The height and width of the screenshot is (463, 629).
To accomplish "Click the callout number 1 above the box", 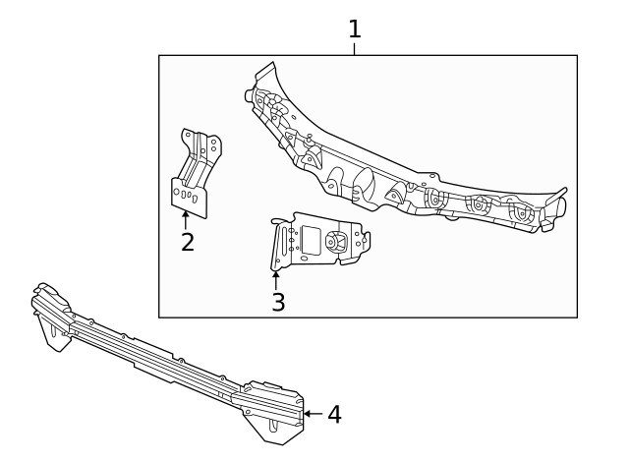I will pyautogui.click(x=355, y=29).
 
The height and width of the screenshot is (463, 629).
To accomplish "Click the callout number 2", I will pyautogui.click(x=188, y=242).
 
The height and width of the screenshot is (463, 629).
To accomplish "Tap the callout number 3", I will pyautogui.click(x=278, y=303).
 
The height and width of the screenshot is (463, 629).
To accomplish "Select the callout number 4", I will pyautogui.click(x=334, y=415).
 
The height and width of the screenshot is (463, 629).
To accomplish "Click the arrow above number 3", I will pyautogui.click(x=276, y=279).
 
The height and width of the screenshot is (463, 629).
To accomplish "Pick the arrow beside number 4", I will pyautogui.click(x=313, y=414).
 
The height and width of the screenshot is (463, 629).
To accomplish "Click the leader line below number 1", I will pyautogui.click(x=355, y=49).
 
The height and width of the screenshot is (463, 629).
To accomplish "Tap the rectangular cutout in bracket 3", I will pyautogui.click(x=310, y=239).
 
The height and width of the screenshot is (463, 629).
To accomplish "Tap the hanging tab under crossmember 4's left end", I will pyautogui.click(x=52, y=338).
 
